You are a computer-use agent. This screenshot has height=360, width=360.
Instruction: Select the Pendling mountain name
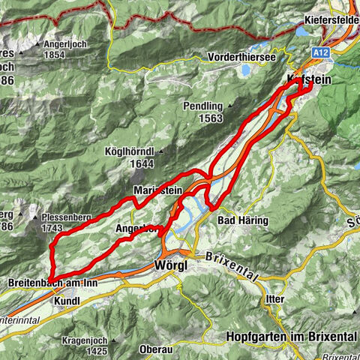point(202,106)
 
